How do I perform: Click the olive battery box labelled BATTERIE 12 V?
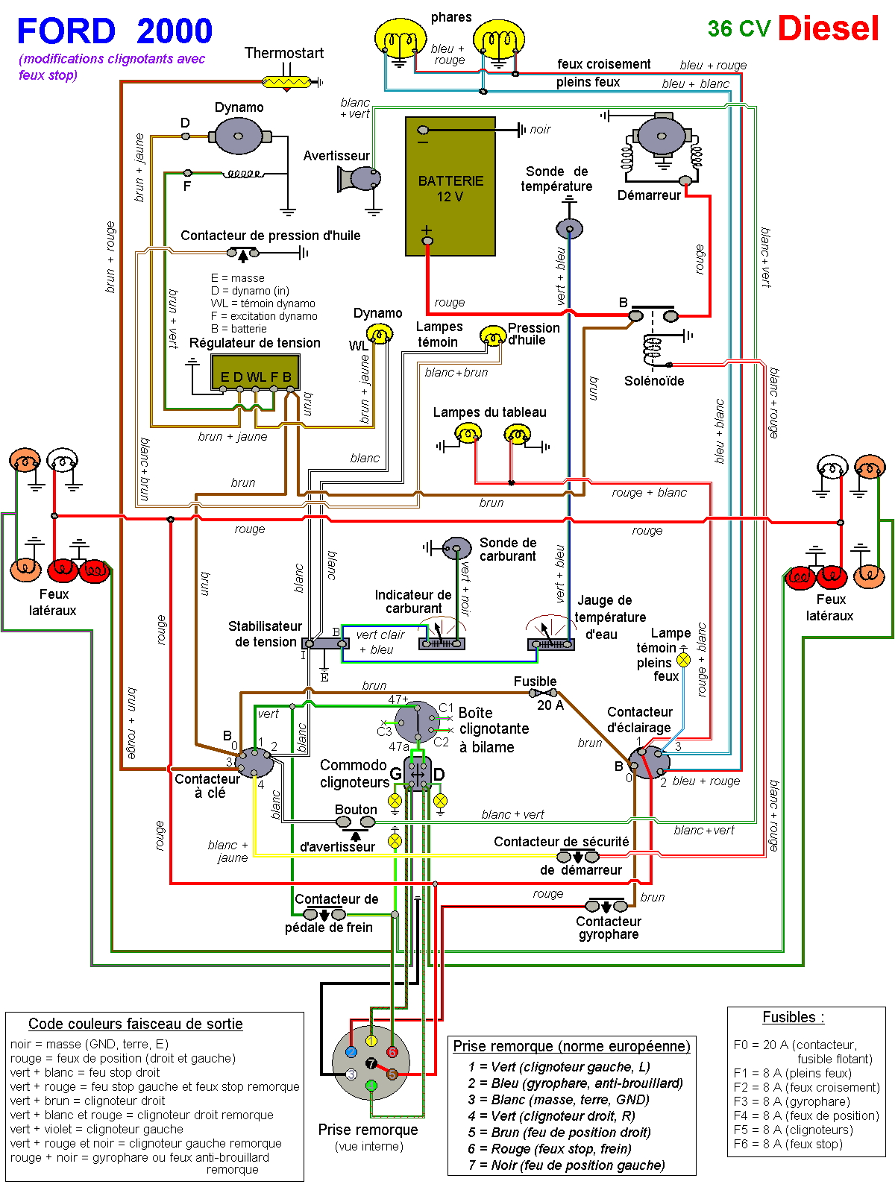click(x=450, y=186)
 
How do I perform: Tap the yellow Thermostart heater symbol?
click(x=287, y=82)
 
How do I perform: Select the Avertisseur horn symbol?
click(x=359, y=178)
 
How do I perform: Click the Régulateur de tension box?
click(x=255, y=372)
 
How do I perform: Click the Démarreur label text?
click(x=648, y=195)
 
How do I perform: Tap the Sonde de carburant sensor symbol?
click(x=456, y=548)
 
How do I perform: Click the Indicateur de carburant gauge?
click(x=442, y=634)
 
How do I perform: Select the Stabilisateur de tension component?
click(x=325, y=643)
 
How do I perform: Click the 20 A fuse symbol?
click(x=543, y=693)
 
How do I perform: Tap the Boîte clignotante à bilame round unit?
click(x=417, y=723)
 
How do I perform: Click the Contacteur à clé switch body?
click(x=255, y=762)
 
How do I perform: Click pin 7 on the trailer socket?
click(x=371, y=1063)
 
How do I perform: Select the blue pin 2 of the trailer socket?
click(x=351, y=1052)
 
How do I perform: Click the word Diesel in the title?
click(x=828, y=28)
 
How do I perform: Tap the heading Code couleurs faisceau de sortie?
click(x=135, y=1024)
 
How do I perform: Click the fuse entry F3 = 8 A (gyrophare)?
click(x=791, y=1101)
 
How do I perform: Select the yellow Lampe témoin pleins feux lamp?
click(x=683, y=661)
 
